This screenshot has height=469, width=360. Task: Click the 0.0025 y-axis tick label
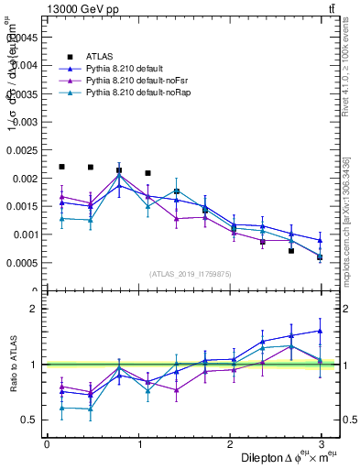click(22, 149)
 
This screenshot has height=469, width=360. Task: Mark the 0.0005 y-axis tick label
click(22, 262)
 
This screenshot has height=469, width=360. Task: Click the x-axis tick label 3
click(321, 443)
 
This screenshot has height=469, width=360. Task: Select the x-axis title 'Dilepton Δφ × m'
click(274, 457)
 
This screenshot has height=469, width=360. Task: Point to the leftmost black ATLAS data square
click(61, 167)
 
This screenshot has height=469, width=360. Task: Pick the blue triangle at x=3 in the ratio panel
click(320, 331)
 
